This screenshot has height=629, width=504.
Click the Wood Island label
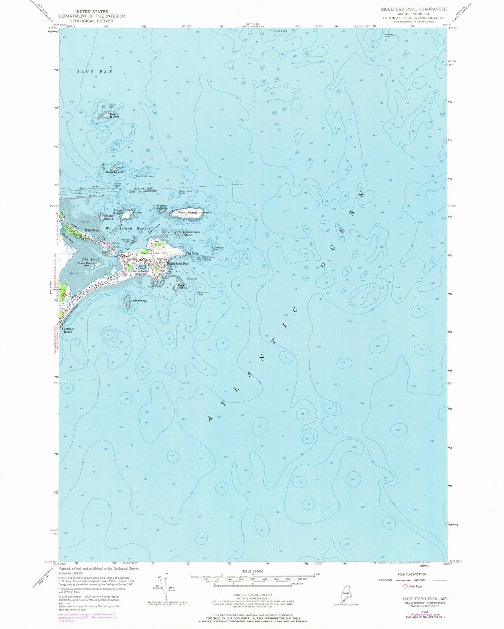(x=187, y=213)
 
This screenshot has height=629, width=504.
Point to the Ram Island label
(x=114, y=172)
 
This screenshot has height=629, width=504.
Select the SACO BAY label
(x=94, y=72)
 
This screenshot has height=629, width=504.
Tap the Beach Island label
(x=183, y=287)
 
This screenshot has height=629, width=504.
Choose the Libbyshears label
(x=138, y=301)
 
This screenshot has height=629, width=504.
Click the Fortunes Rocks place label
(x=66, y=330)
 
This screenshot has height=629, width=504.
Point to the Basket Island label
(x=109, y=217)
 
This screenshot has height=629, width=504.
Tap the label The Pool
(x=88, y=259)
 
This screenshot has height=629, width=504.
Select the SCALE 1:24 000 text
(x=252, y=571)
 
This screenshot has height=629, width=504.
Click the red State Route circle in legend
(x=405, y=586)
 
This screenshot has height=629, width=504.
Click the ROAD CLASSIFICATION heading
(x=418, y=574)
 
